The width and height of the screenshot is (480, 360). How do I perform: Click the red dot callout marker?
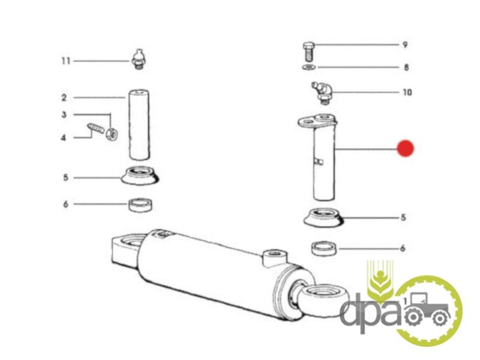(x=406, y=148)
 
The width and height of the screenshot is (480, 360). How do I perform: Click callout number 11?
(x=66, y=61)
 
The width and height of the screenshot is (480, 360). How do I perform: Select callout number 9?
(x=405, y=44)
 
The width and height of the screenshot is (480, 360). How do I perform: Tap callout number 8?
(x=406, y=67)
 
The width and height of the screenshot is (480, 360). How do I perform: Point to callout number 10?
(x=407, y=92)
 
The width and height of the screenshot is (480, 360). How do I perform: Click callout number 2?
(x=64, y=98)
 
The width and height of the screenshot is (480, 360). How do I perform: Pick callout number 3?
(x=64, y=115)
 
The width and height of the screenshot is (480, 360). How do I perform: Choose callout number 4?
(x=64, y=138)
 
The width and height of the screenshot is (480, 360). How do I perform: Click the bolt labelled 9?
(x=308, y=52)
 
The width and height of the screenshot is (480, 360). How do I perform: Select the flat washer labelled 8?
(x=309, y=67)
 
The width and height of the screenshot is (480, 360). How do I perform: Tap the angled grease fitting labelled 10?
(x=322, y=93)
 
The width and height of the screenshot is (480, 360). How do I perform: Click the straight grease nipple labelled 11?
(x=139, y=59)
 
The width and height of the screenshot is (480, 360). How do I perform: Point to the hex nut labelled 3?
(x=112, y=134)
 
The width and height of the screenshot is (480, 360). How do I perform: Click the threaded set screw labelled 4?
(x=96, y=128)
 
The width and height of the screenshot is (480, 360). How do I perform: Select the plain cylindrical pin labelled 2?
(x=139, y=125)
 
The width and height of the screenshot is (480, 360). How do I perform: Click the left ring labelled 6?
(x=140, y=205)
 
